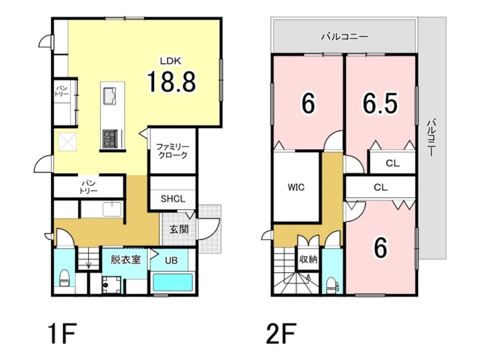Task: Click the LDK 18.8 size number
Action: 171,82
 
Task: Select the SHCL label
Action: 173,199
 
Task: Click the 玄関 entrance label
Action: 179,229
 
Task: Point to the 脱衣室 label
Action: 125,260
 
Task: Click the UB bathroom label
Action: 171,261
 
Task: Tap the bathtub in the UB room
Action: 173,283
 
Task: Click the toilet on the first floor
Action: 64,278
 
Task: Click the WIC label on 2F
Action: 296,187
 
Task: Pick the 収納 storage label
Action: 308,260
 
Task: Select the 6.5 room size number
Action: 380,103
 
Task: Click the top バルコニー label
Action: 344,37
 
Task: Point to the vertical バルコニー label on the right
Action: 431,137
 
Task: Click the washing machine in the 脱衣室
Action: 111,285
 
